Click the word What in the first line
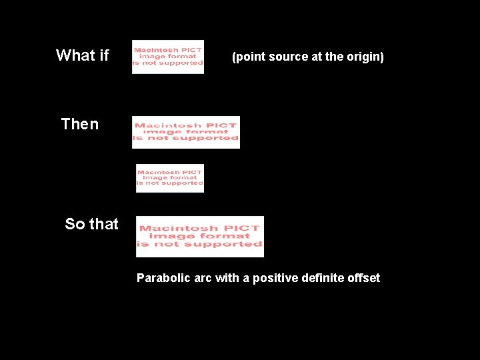(x=76, y=55)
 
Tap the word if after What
(x=103, y=55)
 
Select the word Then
(x=79, y=124)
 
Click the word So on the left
(x=75, y=224)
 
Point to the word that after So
(x=103, y=224)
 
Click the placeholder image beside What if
(x=167, y=57)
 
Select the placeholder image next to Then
(x=185, y=132)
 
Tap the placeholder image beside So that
(x=199, y=236)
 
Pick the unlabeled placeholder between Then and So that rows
(x=169, y=178)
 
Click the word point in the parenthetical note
(x=249, y=57)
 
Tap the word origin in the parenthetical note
(x=363, y=57)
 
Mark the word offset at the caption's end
(x=363, y=278)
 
